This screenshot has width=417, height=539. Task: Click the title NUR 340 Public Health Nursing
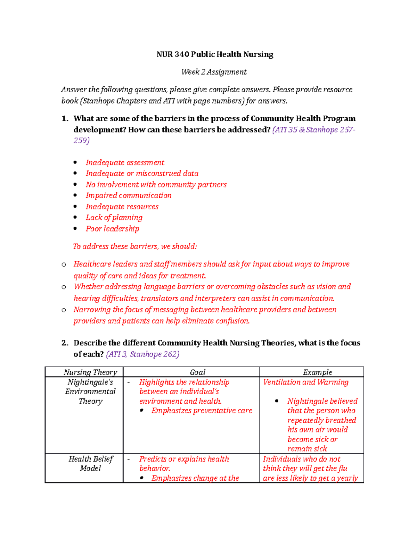(x=215, y=54)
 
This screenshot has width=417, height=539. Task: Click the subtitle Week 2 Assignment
(x=214, y=72)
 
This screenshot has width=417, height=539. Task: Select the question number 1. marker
(x=65, y=119)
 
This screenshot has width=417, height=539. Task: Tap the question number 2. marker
(x=65, y=343)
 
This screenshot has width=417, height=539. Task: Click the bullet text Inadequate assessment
(x=125, y=163)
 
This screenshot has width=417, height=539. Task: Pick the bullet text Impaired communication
(x=129, y=196)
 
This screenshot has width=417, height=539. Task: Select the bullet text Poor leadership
(x=112, y=229)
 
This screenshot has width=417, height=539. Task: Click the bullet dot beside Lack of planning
(x=75, y=218)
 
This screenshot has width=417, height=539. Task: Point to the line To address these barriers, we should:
(x=135, y=246)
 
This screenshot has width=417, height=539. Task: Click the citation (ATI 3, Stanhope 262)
(x=142, y=354)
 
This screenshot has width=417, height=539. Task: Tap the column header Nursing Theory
(x=90, y=372)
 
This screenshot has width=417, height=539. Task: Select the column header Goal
(x=197, y=372)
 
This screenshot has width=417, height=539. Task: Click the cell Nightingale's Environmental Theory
(x=90, y=391)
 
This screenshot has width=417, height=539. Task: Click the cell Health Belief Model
(x=90, y=464)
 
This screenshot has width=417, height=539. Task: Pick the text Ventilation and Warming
(x=305, y=382)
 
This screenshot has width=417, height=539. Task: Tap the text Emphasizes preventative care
(x=202, y=411)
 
